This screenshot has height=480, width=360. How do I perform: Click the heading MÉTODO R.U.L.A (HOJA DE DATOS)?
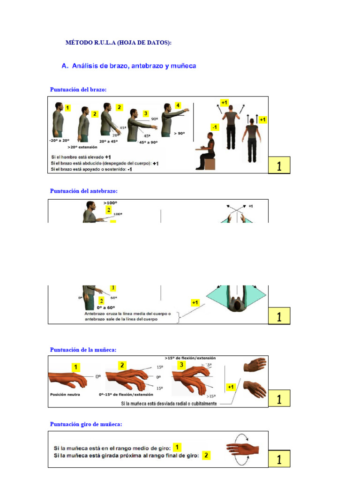coord(118,43)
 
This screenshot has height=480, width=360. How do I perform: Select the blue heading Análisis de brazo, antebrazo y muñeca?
coord(129,66)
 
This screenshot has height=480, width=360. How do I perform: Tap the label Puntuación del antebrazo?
coord(84,191)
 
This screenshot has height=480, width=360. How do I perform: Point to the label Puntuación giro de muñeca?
coord(86,424)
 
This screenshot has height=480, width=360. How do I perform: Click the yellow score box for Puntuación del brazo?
coord(279,166)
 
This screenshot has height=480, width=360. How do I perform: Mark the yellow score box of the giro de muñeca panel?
coord(279,459)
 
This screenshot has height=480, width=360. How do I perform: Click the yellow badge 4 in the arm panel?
coord(178,105)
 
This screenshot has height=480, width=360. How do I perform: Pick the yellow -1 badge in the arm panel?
coord(215,127)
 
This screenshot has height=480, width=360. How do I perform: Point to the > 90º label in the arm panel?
coord(180,133)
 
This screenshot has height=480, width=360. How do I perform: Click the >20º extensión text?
coord(84,147)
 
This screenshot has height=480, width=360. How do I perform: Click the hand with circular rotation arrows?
coord(242,449)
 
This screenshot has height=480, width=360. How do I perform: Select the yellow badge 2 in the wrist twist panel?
coord(206,455)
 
